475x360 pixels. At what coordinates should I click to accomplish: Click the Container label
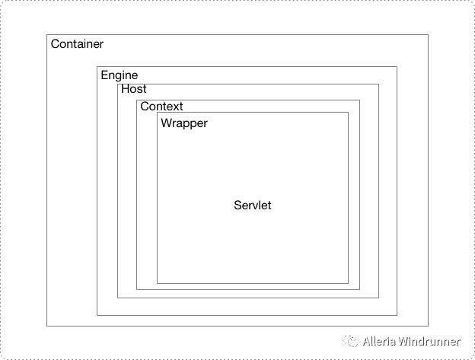[x=77, y=44]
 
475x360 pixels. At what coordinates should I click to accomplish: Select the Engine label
[x=119, y=75]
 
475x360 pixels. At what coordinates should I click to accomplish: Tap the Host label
[x=134, y=89]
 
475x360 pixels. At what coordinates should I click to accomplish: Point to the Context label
[x=161, y=107]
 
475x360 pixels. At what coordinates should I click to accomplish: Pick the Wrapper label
[x=183, y=123]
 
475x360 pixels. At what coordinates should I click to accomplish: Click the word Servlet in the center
[x=253, y=205]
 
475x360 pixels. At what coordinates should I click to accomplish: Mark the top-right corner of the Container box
[x=428, y=34]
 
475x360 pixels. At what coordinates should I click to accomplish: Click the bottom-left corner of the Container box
[x=47, y=326]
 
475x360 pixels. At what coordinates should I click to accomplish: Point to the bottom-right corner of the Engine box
[x=397, y=314]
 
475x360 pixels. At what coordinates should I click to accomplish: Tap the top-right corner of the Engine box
[x=397, y=67]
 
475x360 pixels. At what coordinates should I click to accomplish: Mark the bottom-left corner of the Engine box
[x=97, y=314]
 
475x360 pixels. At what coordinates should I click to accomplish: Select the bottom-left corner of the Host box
[x=117, y=298]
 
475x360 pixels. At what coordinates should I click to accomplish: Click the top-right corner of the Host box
[x=378, y=84]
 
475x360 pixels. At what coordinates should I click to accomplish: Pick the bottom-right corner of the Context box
[x=359, y=289]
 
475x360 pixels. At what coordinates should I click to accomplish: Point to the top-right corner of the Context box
[x=359, y=100]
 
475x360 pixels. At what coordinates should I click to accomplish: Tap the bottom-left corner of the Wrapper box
[x=157, y=283]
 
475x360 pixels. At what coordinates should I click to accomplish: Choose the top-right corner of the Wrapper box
[x=348, y=113]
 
